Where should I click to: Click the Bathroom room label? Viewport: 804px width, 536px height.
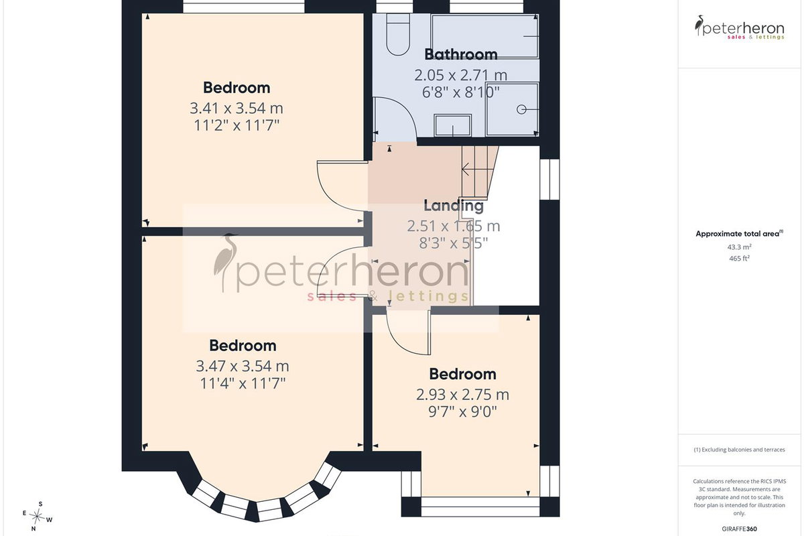coord(461,54)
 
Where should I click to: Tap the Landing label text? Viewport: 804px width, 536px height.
coord(454,206)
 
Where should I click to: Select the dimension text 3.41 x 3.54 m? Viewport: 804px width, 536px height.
coord(237,108)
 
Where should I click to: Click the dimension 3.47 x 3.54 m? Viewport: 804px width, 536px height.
coord(243,366)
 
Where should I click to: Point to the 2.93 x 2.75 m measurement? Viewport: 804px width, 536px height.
coord(463,395)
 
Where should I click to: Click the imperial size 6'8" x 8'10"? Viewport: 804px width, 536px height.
coord(461,92)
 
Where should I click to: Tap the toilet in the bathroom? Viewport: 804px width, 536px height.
coord(398,35)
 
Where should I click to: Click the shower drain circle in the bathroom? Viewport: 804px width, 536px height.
coord(521,109)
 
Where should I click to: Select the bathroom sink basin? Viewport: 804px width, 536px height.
coord(453,125)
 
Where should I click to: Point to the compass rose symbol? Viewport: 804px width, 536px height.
coord(37,517)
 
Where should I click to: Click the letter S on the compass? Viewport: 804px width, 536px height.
coord(41,504)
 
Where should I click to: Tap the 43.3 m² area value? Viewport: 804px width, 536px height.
coord(740,247)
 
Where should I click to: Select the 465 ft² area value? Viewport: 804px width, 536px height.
coord(740,258)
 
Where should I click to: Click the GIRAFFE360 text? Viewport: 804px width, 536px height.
coord(740,529)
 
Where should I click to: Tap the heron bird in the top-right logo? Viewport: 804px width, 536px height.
coord(699,25)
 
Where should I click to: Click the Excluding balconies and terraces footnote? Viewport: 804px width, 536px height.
coord(740,450)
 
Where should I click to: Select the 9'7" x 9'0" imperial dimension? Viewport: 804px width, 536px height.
coord(463,412)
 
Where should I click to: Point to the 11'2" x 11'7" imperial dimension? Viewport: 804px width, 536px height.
coord(237,126)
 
